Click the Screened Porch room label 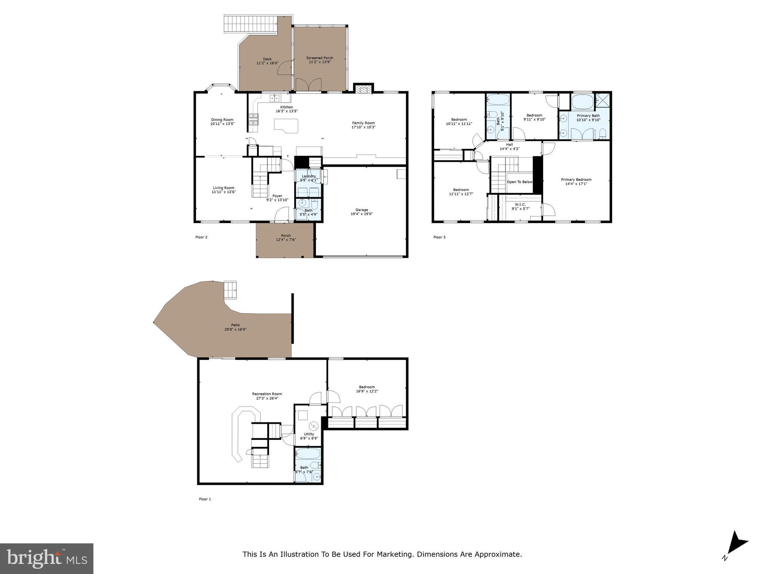(319, 58)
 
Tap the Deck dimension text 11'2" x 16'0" (267, 63)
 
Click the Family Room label (363, 123)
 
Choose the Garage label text (362, 210)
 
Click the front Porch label (286, 235)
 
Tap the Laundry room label (309, 176)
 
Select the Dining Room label (222, 120)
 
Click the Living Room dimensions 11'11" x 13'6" (224, 192)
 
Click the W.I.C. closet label (520, 204)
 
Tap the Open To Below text (520, 182)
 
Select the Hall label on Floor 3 (510, 145)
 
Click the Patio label (235, 325)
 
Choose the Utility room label (309, 434)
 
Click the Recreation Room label (267, 394)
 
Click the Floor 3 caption (439, 237)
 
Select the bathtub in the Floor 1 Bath (308, 454)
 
